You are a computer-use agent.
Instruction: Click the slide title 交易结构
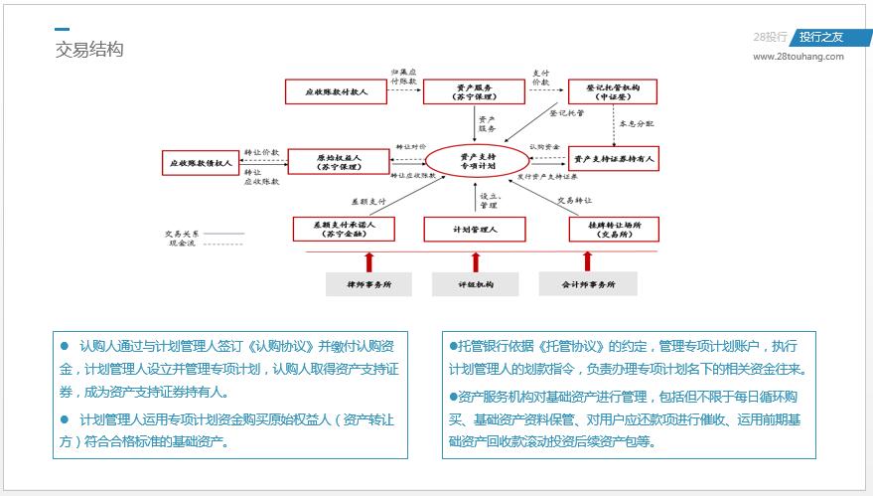pos(89,50)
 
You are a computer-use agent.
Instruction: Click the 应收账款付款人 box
pos(336,92)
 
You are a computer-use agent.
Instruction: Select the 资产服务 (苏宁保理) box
pos(473,92)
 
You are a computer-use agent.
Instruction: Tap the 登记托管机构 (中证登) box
pos(612,92)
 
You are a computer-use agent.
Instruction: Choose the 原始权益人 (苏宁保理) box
pos(338,161)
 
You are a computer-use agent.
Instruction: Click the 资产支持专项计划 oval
pos(476,161)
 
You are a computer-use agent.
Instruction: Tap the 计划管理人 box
pos(474,230)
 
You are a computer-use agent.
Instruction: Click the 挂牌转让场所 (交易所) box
pos(612,230)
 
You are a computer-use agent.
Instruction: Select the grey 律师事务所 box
pos(368,284)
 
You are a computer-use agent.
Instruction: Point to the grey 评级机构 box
pos(475,284)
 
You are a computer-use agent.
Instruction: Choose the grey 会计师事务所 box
pos(587,284)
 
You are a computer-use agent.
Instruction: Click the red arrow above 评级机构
pos(476,261)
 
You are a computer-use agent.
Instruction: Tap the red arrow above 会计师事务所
pos(587,261)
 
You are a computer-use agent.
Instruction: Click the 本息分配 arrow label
pos(636,124)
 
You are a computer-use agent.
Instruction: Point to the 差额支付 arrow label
pos(367,199)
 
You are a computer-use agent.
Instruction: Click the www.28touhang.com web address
pos(798,57)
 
